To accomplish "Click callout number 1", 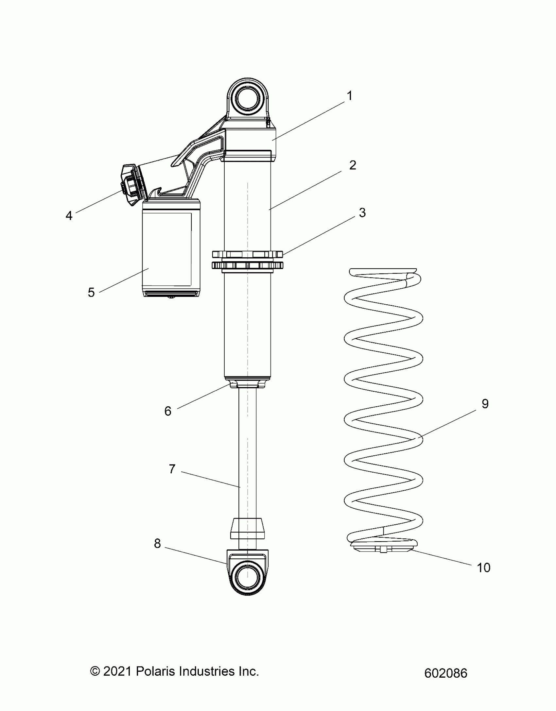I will (x=350, y=96).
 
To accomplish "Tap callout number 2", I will (x=353, y=165).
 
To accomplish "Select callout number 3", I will (x=362, y=213).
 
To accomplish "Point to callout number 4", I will (x=69, y=216).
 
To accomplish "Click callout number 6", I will (x=168, y=411).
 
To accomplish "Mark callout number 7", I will (x=172, y=469).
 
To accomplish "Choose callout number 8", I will (x=157, y=544).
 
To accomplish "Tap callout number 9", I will (x=485, y=404).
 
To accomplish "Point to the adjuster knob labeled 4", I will (x=131, y=185).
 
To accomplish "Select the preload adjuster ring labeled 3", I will (x=247, y=260).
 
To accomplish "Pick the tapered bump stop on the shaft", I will (x=247, y=528).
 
